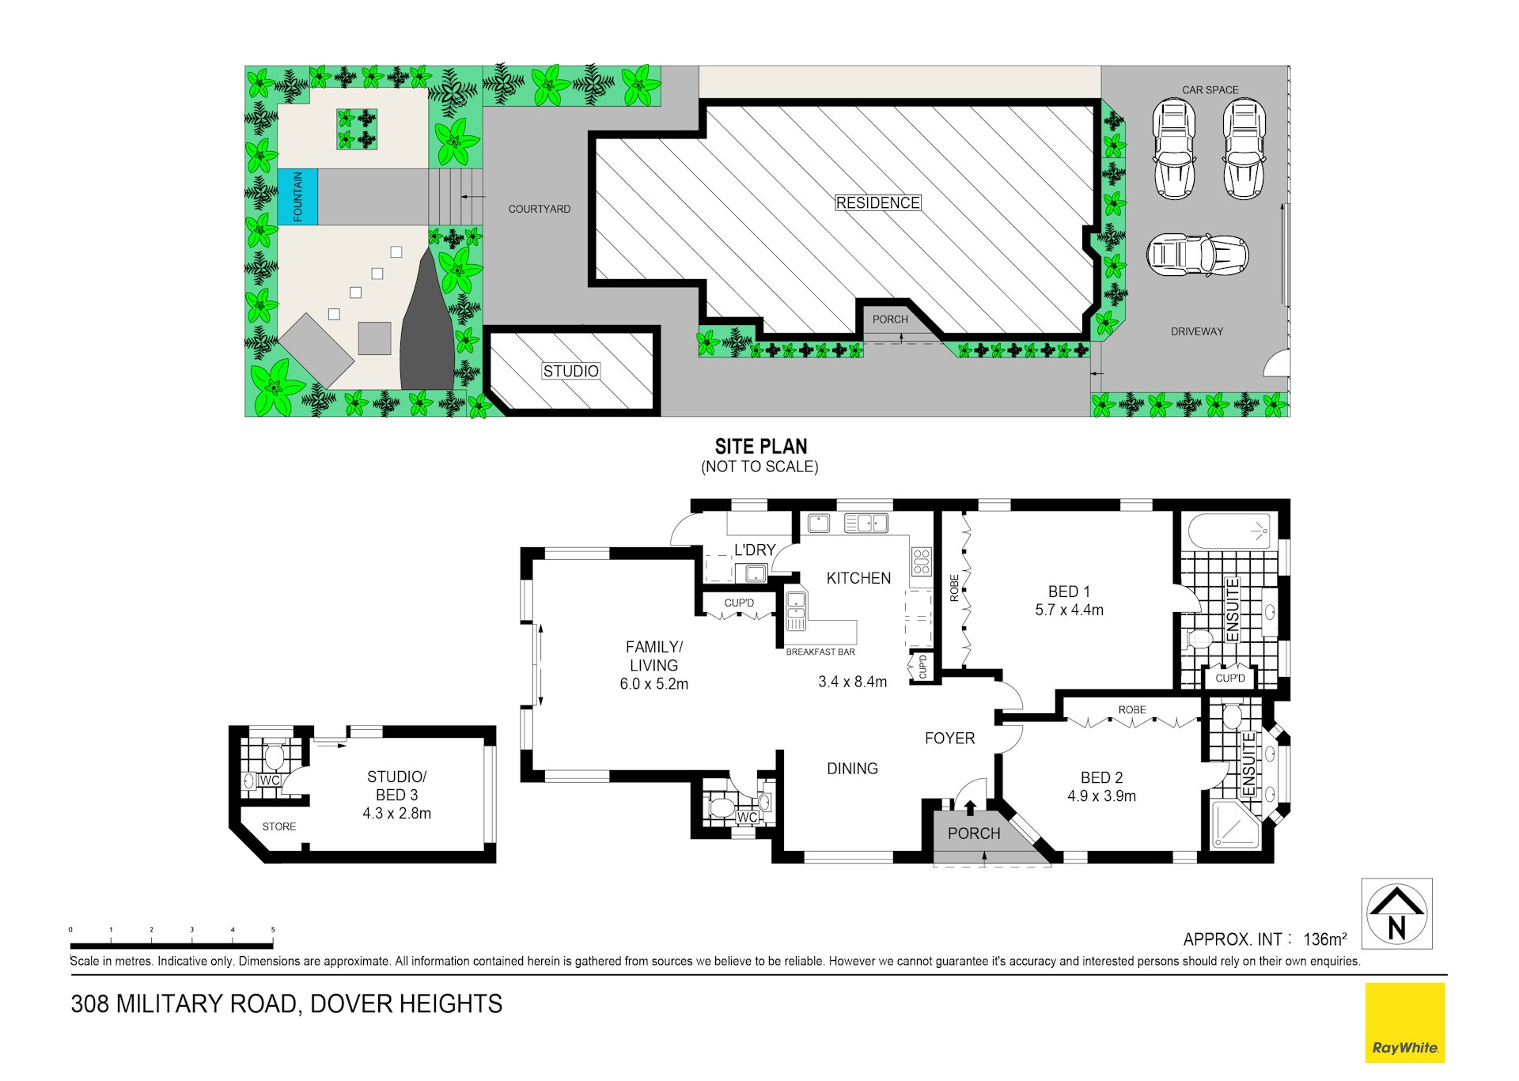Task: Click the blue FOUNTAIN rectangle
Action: tap(297, 196)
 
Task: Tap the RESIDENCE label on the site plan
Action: tap(877, 203)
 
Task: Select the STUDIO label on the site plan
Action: tap(570, 371)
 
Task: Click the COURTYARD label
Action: tap(539, 209)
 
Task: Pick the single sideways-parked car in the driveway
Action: tap(1197, 255)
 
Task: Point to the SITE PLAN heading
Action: tap(760, 446)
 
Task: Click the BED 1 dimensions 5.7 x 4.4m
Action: tap(1069, 610)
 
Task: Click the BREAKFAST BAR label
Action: tap(820, 652)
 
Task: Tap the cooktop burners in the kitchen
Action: tap(921, 561)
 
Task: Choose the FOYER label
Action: tap(949, 738)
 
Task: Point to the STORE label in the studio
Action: tap(278, 826)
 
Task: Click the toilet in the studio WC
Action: tap(274, 757)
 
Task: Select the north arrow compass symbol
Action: tap(1396, 913)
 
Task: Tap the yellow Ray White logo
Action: tap(1404, 1022)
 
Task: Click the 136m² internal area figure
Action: tap(1324, 939)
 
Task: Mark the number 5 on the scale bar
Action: tap(273, 930)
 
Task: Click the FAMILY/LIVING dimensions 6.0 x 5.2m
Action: tap(653, 684)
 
